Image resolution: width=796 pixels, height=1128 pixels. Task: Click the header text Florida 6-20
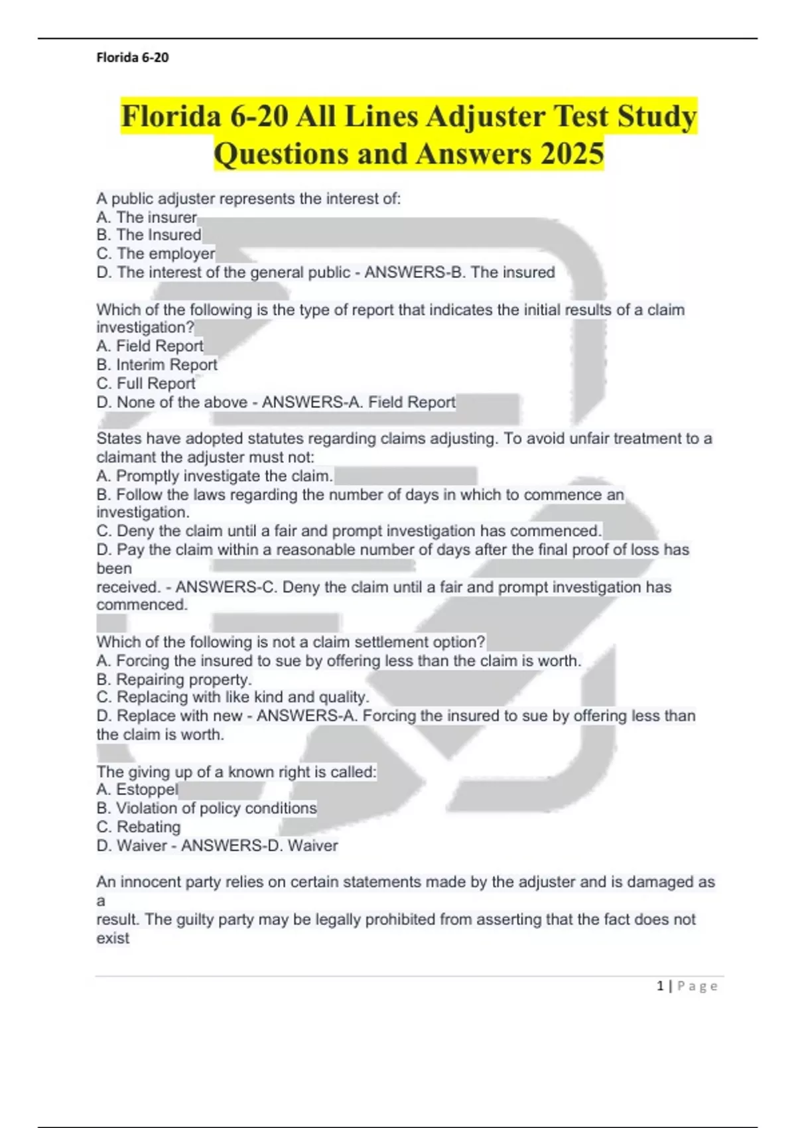[133, 58]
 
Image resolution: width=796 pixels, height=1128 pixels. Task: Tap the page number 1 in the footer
[660, 986]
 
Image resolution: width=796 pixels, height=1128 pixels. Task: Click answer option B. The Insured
[149, 235]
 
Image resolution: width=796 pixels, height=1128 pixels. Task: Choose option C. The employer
[156, 253]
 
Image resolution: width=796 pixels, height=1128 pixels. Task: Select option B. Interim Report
[157, 365]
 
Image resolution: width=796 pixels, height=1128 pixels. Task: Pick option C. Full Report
[146, 384]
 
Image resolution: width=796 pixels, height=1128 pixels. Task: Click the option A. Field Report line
[150, 346]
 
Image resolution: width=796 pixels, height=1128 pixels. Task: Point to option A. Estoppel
[137, 790]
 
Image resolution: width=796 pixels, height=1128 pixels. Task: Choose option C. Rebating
[139, 827]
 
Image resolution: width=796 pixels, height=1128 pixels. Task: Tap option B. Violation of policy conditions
[206, 808]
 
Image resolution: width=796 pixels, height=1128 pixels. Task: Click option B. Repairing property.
[174, 679]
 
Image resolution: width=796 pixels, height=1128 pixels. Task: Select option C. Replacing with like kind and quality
[233, 697]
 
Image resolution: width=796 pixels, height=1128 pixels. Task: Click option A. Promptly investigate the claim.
[214, 476]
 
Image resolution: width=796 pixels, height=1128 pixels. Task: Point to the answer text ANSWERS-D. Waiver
[259, 845]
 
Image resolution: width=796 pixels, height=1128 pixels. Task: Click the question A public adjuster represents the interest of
[249, 198]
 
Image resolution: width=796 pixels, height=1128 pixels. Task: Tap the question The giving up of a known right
[236, 772]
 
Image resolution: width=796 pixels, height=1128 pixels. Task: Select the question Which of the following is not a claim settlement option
[291, 642]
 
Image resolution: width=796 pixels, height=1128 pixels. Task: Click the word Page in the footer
[697, 986]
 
